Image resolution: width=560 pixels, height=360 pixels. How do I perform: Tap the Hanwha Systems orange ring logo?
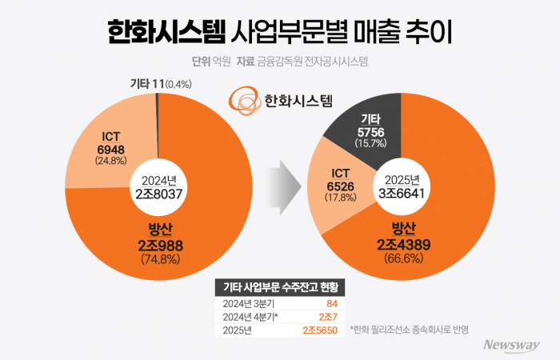[243, 99]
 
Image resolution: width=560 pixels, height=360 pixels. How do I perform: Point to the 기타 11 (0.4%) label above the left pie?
[160, 83]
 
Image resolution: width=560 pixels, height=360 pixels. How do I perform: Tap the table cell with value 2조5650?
[323, 329]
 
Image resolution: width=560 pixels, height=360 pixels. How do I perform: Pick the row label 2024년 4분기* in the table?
[246, 316]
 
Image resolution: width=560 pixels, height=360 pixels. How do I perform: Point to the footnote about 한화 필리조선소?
[408, 329]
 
